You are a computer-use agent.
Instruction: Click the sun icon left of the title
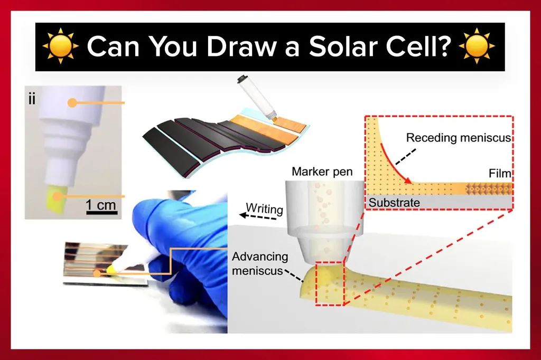(61, 46)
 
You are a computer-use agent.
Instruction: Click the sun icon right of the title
(477, 46)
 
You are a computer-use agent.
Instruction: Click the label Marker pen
(322, 172)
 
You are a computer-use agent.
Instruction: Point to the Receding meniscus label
(458, 138)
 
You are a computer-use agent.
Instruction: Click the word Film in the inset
(500, 174)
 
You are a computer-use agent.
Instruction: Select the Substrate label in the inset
(394, 202)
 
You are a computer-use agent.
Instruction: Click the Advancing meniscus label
(260, 263)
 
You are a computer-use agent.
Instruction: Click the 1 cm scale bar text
(101, 204)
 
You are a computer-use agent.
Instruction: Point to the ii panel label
(32, 99)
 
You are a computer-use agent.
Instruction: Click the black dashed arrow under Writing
(258, 216)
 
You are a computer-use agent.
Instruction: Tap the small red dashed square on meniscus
(330, 284)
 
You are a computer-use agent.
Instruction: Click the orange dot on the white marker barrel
(72, 102)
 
